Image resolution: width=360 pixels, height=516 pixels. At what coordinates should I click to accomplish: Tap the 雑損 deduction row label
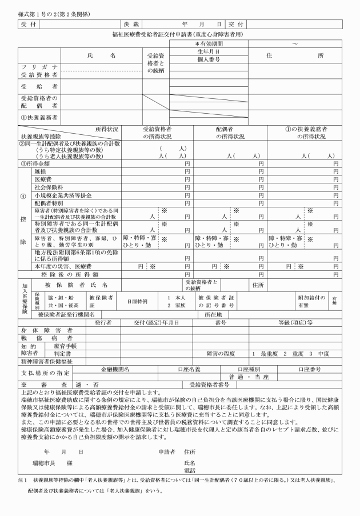pos(41,171)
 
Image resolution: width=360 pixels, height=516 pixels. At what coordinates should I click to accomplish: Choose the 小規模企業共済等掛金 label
pos(60,195)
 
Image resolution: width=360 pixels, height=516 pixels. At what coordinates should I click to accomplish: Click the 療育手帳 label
pos(62,346)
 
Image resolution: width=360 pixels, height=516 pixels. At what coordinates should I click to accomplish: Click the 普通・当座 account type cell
pos(249,377)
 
